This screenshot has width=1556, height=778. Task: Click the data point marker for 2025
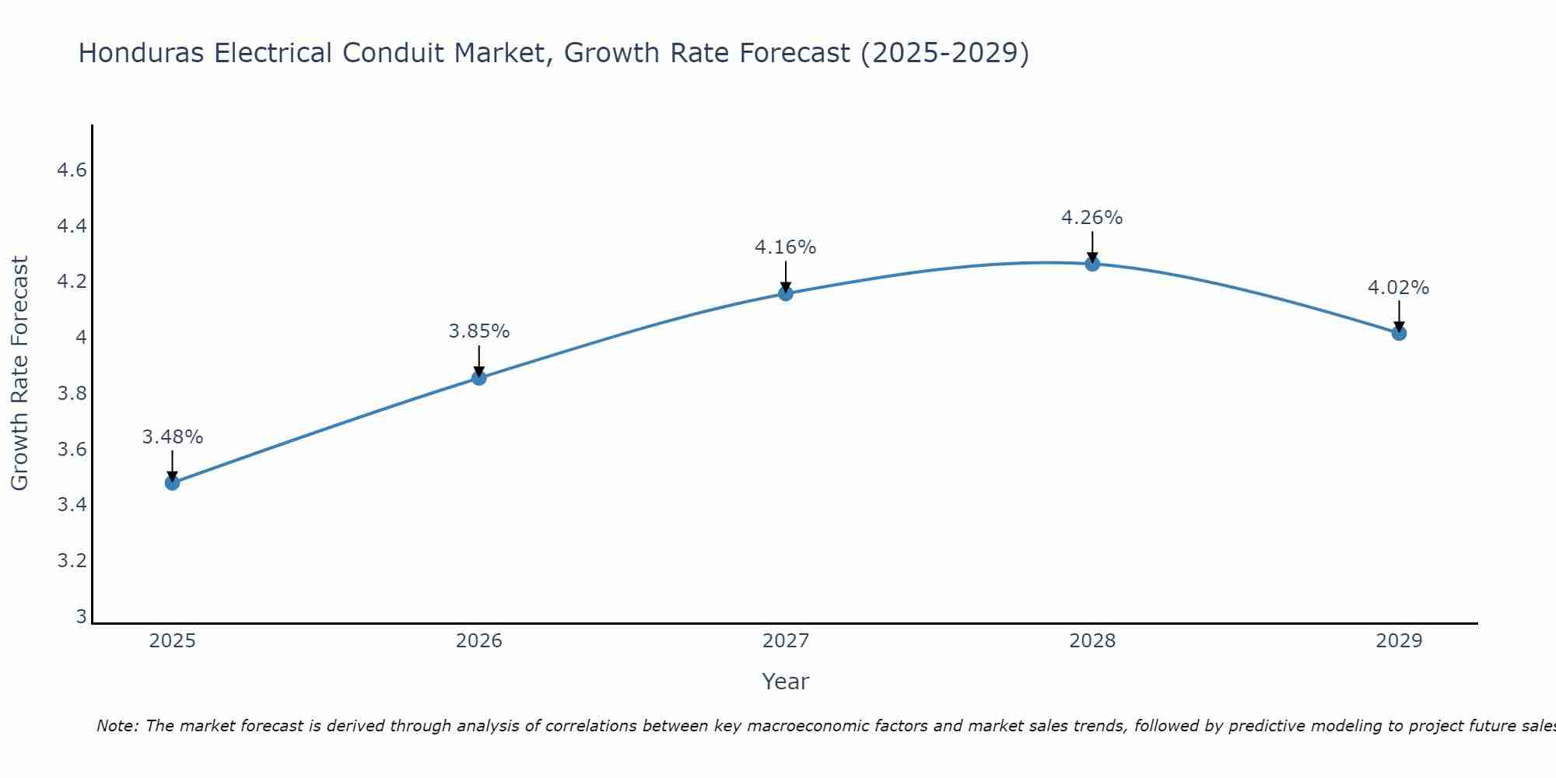pyautogui.click(x=172, y=482)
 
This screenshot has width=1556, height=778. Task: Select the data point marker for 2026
pyautogui.click(x=478, y=378)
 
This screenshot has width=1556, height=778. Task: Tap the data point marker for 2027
pyautogui.click(x=785, y=293)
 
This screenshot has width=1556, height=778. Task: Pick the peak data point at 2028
pyautogui.click(x=1092, y=264)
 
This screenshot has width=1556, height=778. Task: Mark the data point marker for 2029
pyautogui.click(x=1398, y=333)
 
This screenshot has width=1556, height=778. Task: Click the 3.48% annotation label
pyautogui.click(x=172, y=437)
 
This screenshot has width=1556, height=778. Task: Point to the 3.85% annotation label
pyautogui.click(x=478, y=331)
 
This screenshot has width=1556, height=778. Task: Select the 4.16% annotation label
pyautogui.click(x=785, y=247)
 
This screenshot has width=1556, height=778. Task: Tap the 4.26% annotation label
pyautogui.click(x=1092, y=218)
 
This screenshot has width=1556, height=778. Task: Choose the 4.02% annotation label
pyautogui.click(x=1398, y=288)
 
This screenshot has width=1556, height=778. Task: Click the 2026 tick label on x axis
pyautogui.click(x=478, y=641)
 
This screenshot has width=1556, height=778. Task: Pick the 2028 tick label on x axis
pyautogui.click(x=1092, y=641)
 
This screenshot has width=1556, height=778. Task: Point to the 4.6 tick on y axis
pyautogui.click(x=72, y=170)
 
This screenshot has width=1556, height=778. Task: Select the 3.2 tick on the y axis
pyautogui.click(x=72, y=561)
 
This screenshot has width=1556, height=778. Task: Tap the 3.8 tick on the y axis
pyautogui.click(x=72, y=394)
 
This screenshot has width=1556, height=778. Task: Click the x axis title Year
pyautogui.click(x=785, y=682)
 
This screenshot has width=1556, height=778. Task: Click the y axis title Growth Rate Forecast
pyautogui.click(x=19, y=373)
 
